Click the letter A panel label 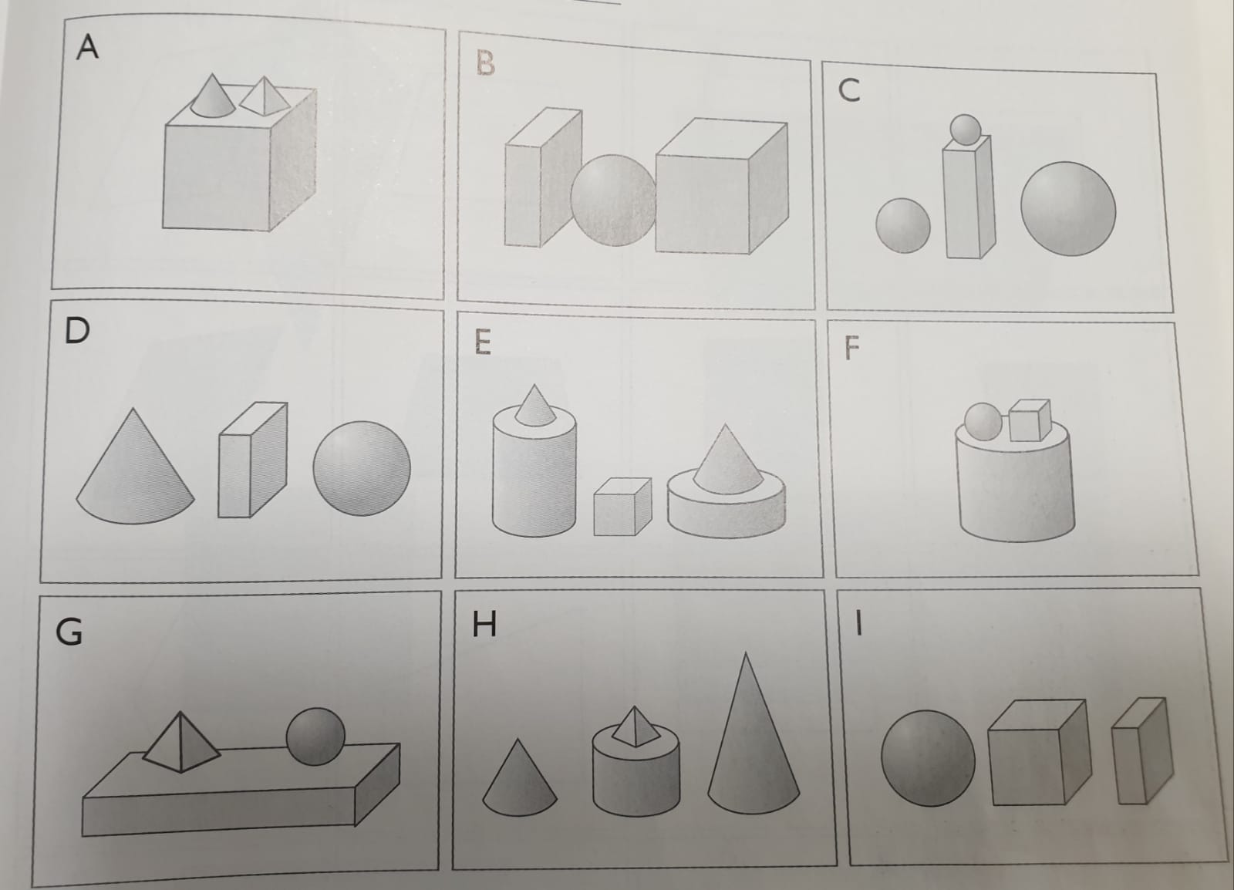[x=88, y=47]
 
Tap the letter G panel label [x=69, y=631]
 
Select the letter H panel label [x=484, y=624]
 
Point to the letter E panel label [x=483, y=342]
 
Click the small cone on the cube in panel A [x=213, y=97]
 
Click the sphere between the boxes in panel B [x=613, y=201]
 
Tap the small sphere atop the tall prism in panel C [x=965, y=130]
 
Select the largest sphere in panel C [x=1067, y=209]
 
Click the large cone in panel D [x=135, y=468]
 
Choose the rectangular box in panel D [x=253, y=460]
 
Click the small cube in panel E [x=622, y=507]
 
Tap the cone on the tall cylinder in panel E [x=534, y=406]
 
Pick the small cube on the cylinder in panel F [x=1030, y=421]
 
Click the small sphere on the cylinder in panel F [x=983, y=422]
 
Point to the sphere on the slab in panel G [x=315, y=737]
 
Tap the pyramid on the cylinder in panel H [x=636, y=727]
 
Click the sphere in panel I [x=928, y=758]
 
